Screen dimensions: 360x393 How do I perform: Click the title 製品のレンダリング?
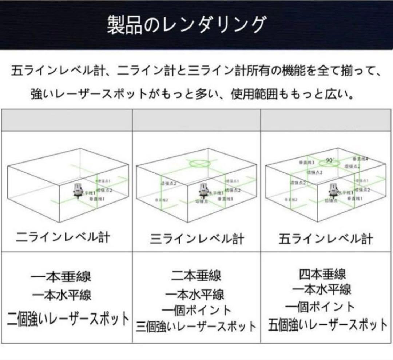click(x=186, y=25)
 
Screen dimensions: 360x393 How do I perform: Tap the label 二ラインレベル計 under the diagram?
click(x=63, y=238)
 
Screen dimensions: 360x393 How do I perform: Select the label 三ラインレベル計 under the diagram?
click(x=197, y=239)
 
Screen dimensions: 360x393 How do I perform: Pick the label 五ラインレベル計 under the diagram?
click(x=326, y=239)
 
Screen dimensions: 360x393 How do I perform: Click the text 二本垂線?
click(x=196, y=276)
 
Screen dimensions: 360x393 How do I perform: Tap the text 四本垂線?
click(x=322, y=274)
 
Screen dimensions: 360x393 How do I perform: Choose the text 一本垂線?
click(x=61, y=277)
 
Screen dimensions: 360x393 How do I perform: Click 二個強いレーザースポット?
click(x=68, y=319)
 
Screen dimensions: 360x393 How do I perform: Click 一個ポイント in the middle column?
click(x=196, y=310)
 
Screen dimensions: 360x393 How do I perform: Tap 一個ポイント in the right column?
click(x=320, y=307)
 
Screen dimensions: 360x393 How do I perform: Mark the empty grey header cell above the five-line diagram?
click(x=326, y=120)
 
